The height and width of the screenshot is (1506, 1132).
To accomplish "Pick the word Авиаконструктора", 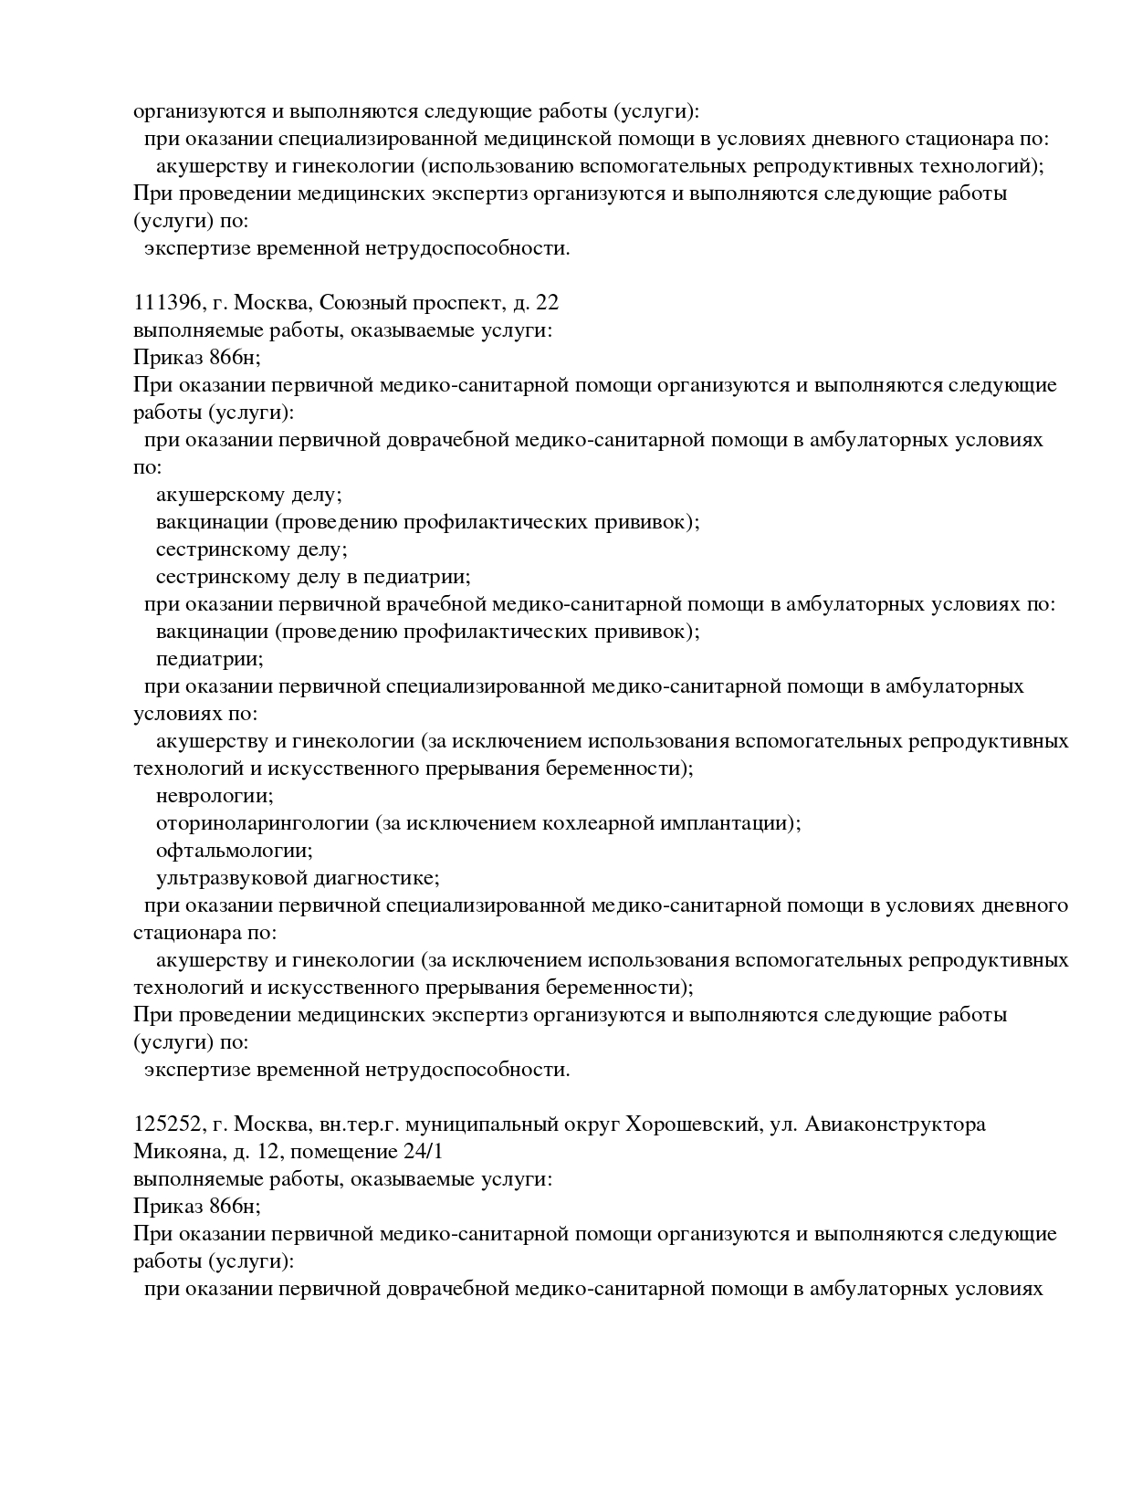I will coord(897,1124).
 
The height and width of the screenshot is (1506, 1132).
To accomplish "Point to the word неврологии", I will coord(214,796).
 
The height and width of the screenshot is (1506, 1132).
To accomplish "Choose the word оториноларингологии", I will coord(263,823).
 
